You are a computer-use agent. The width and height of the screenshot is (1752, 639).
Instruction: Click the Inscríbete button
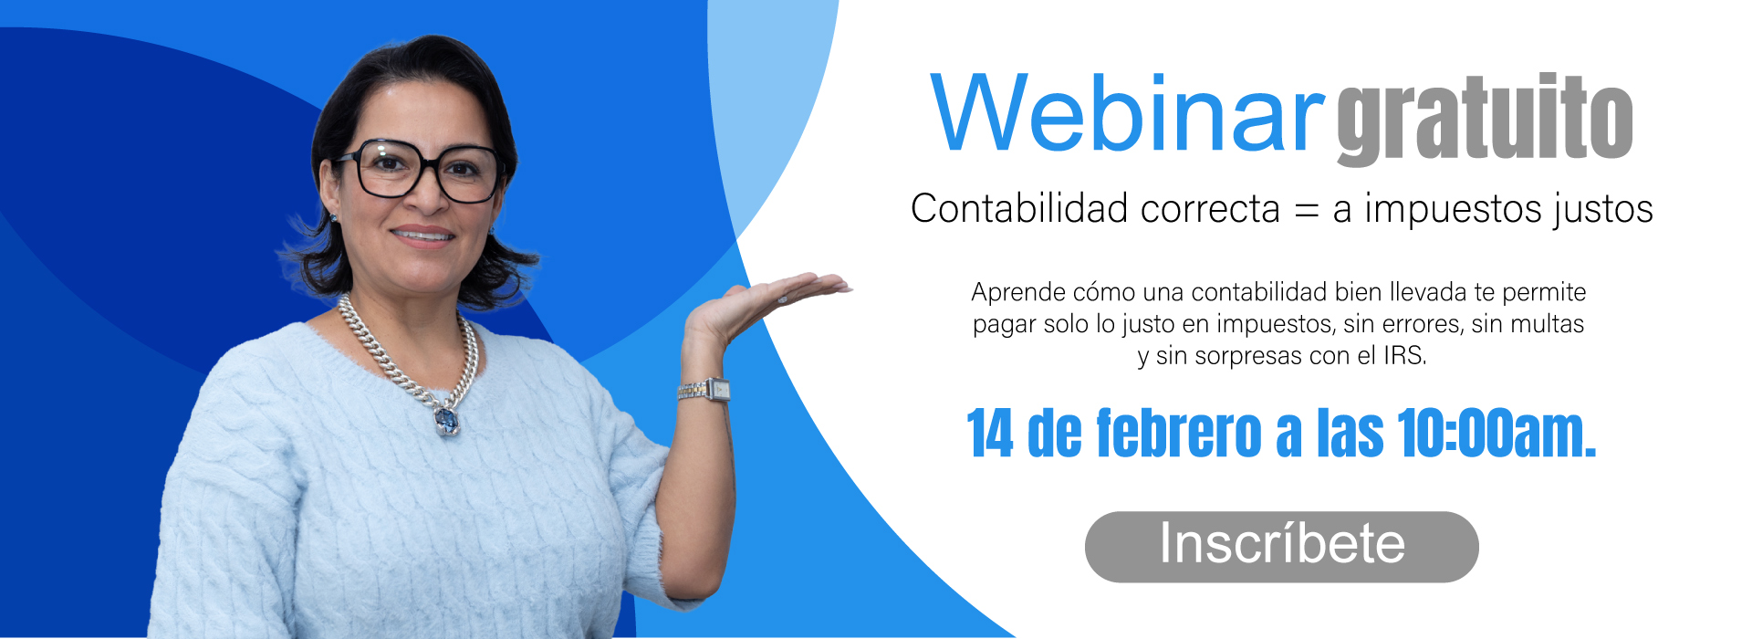click(1281, 546)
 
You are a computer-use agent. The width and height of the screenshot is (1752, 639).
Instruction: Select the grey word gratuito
click(1485, 119)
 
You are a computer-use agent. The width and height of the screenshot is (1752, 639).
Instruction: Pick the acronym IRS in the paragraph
click(1404, 355)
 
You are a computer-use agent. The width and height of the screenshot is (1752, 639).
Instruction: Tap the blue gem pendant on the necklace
click(446, 420)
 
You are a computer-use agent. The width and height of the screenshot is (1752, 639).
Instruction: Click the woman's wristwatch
click(704, 391)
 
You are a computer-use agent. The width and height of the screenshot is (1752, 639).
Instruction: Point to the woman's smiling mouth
click(422, 236)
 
